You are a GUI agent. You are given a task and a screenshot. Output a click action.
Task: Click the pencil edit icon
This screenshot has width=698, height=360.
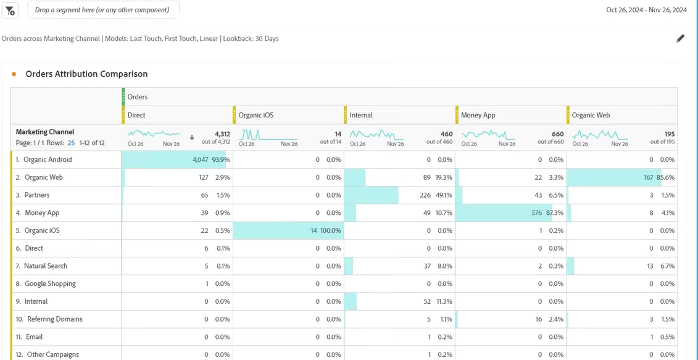click(x=680, y=38)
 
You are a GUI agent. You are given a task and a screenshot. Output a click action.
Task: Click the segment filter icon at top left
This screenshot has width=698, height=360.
click(x=10, y=10)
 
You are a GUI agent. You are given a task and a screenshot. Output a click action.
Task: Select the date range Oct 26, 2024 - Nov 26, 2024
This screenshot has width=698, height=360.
click(x=646, y=10)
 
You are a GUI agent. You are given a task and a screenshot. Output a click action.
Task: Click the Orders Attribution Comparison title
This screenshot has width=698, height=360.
click(x=86, y=74)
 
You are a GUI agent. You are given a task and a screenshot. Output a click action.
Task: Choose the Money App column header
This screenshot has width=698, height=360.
click(x=478, y=115)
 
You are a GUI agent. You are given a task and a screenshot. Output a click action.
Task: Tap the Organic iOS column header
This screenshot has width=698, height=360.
click(x=256, y=115)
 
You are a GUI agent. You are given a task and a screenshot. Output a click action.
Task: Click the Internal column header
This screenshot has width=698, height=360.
click(x=361, y=115)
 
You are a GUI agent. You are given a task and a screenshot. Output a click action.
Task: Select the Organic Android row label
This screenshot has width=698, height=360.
click(x=48, y=160)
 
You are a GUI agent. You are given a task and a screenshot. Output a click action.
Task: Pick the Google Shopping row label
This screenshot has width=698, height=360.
click(x=50, y=284)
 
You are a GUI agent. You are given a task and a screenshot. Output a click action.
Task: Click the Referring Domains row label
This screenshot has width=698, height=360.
click(x=53, y=319)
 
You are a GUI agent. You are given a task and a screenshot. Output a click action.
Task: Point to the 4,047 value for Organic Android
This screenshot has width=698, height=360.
click(x=201, y=160)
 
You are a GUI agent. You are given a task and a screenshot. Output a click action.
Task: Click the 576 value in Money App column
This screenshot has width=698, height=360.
click(x=536, y=213)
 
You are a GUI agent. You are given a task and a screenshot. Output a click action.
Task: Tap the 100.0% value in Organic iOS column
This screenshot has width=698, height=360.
click(x=330, y=231)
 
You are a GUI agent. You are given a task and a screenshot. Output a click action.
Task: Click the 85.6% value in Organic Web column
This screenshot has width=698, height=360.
click(x=666, y=178)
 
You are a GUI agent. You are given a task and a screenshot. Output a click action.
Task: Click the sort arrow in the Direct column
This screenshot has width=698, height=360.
click(x=192, y=138)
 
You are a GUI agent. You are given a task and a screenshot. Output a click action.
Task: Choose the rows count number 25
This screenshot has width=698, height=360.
click(x=71, y=143)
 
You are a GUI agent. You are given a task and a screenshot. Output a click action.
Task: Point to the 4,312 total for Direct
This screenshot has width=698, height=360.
click(x=222, y=134)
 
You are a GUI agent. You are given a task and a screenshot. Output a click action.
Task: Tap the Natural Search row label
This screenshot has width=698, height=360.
click(x=46, y=266)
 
